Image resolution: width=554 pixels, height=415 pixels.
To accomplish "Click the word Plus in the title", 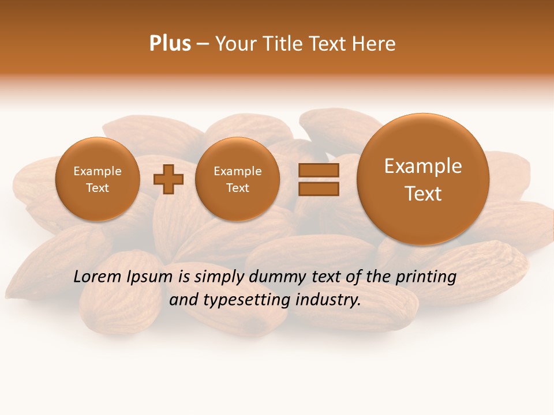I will coord(170,43).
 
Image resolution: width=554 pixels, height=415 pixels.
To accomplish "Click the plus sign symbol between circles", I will coord(169,179).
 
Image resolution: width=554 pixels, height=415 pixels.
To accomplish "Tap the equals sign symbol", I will coord(319,179).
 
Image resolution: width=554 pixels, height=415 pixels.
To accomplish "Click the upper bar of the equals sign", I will coord(319,170).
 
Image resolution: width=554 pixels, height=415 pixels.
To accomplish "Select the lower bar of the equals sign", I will coord(319,188).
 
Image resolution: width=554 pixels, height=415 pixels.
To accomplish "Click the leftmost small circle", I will coord(97,179).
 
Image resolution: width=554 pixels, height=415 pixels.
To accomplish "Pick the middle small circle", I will coord(237,179).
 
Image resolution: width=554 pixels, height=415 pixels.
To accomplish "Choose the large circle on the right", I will coord(423,179).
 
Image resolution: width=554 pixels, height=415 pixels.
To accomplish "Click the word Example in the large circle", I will coord(423,166).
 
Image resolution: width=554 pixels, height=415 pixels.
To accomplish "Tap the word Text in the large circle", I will coord(423,194).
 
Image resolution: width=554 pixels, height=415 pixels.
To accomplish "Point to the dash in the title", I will coord(203,44).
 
